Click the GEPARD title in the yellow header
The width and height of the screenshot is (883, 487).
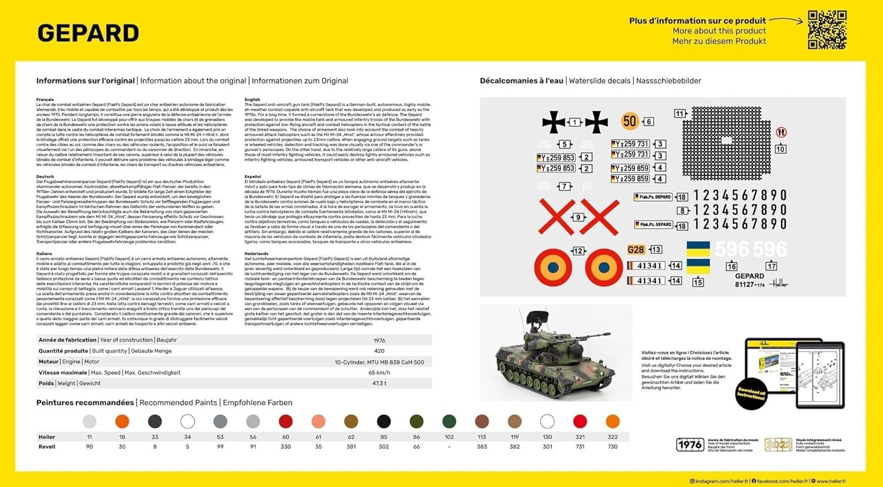(88, 34)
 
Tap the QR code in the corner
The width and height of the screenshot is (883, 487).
(827, 29)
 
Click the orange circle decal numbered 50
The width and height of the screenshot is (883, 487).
(630, 121)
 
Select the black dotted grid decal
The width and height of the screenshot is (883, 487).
(726, 143)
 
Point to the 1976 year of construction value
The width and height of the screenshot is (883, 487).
(379, 340)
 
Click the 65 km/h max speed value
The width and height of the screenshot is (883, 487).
(379, 373)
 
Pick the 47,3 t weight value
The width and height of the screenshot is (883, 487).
(379, 383)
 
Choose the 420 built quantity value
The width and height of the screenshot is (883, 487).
(379, 351)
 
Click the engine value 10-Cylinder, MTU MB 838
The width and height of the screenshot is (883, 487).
(379, 362)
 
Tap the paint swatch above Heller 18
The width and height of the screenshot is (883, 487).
(122, 421)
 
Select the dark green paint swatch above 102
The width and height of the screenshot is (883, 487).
(449, 421)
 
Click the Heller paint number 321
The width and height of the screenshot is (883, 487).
(580, 437)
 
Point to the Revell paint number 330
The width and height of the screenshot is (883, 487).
(286, 447)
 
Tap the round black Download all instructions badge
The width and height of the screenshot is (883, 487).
(751, 394)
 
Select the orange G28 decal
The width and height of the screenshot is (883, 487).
(636, 250)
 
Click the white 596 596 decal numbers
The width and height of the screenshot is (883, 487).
(751, 249)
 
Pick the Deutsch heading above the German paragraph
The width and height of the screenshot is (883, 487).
(45, 177)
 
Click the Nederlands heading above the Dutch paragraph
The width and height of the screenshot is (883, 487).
(256, 254)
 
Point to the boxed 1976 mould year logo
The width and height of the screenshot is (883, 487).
(690, 445)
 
